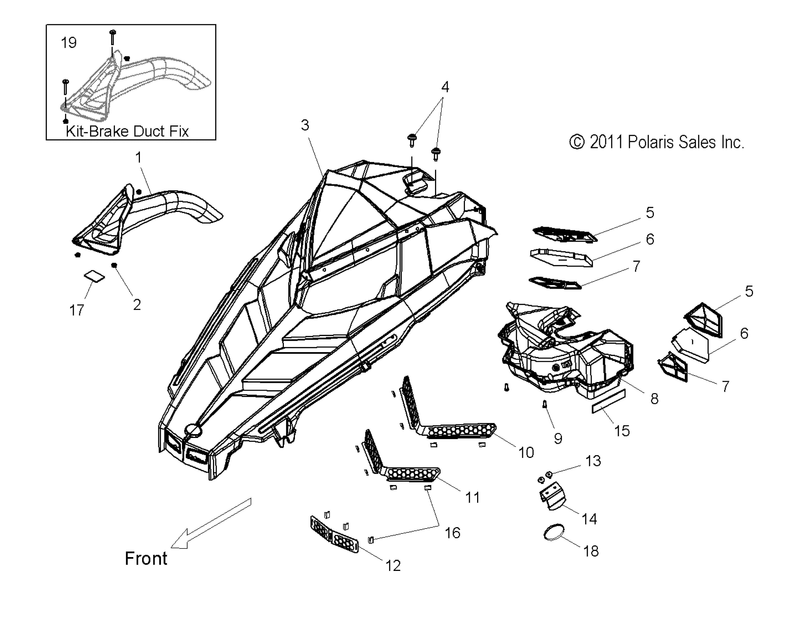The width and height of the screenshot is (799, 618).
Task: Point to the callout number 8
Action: (x=654, y=398)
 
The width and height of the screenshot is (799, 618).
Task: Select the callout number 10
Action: (x=526, y=453)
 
